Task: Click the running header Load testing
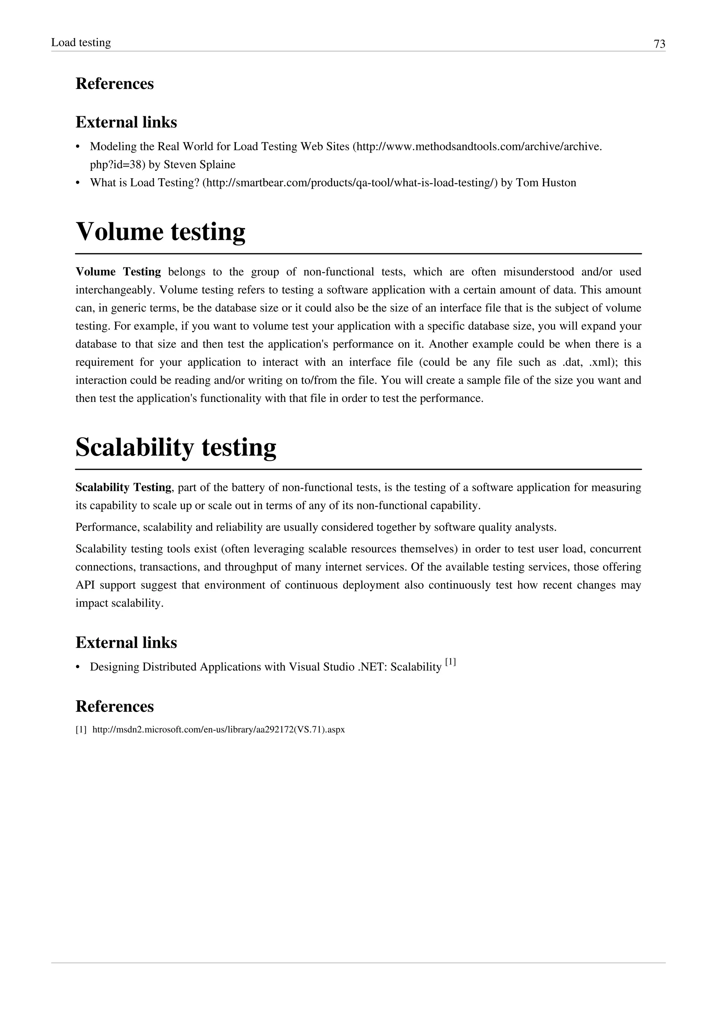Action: (x=81, y=42)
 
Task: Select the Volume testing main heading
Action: (x=160, y=231)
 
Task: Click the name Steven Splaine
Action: (x=199, y=165)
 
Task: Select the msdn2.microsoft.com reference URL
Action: (x=218, y=730)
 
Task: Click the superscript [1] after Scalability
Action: (x=450, y=662)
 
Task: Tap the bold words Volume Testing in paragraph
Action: (x=118, y=272)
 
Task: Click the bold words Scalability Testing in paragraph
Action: (x=123, y=488)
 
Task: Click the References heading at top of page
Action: (x=114, y=83)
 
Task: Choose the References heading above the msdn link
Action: (x=114, y=706)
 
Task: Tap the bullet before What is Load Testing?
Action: (x=78, y=183)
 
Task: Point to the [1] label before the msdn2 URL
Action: (x=81, y=730)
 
